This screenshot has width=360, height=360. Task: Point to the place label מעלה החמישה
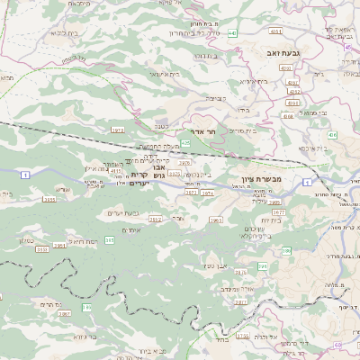pyautogui.click(x=156, y=146)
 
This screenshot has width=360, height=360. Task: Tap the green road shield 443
pyautogui.click(x=231, y=32)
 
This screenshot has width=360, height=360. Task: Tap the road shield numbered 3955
pyautogui.click(x=49, y=199)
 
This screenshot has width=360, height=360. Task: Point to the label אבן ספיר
pyautogui.click(x=213, y=265)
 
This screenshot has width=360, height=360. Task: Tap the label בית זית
pyautogui.click(x=271, y=220)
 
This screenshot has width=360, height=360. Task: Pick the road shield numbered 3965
pyautogui.click(x=215, y=220)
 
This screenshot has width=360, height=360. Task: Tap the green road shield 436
pyautogui.click(x=333, y=134)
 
